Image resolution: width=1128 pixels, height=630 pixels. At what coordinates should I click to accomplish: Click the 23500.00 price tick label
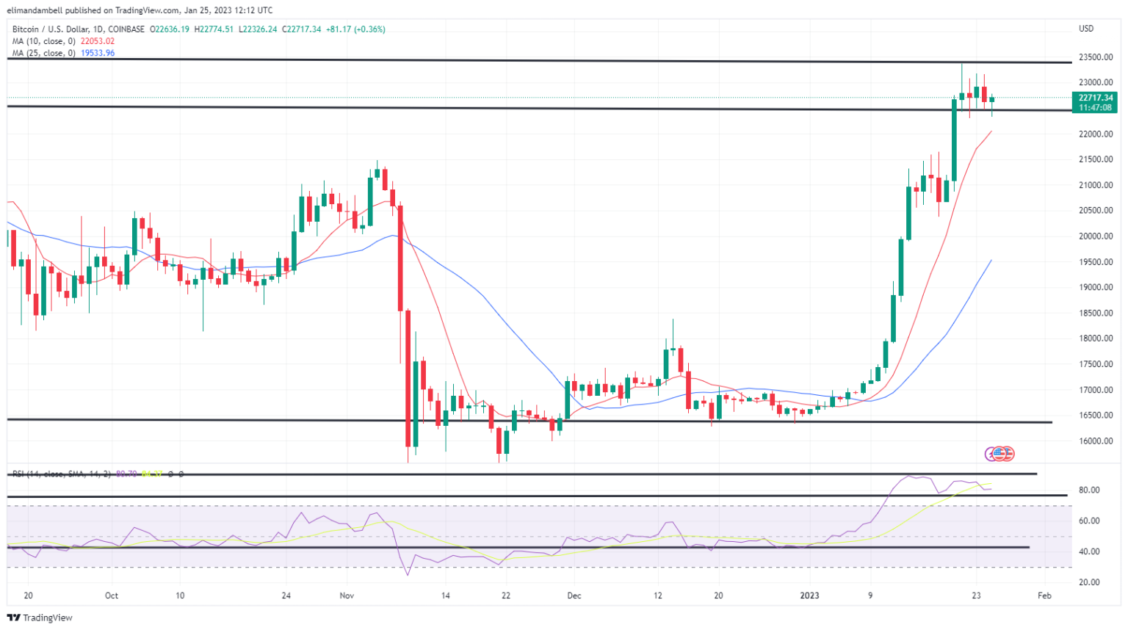[1095, 57]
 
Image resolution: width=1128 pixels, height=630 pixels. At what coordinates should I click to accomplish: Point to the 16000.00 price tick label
[1095, 441]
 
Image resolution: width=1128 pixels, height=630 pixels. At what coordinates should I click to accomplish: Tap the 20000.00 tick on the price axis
[1095, 236]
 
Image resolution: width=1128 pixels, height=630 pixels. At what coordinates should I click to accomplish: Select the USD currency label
[1085, 29]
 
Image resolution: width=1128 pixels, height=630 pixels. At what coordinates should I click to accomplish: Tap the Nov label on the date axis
[347, 595]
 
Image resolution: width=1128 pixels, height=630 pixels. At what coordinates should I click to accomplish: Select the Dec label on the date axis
[574, 595]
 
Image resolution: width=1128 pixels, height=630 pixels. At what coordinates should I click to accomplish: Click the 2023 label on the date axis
[809, 595]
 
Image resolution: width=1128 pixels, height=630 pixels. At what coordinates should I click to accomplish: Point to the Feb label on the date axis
[1044, 595]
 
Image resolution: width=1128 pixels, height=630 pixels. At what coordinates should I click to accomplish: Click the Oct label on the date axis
[112, 595]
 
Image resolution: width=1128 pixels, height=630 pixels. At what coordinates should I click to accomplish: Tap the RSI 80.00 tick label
[1089, 490]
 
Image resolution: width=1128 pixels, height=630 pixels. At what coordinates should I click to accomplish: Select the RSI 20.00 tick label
[1089, 582]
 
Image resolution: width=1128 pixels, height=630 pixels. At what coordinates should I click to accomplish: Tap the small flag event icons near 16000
[999, 454]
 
